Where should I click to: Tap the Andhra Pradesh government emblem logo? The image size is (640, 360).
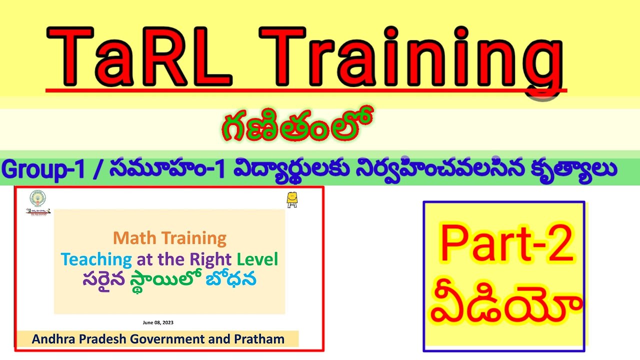point(37,198)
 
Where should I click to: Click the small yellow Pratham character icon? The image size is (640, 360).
point(292,199)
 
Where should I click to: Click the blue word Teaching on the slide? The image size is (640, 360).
point(96,259)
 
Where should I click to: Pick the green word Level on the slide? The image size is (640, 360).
point(257,259)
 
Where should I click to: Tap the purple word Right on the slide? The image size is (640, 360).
point(210,259)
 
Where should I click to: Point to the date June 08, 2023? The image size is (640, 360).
point(158,322)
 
